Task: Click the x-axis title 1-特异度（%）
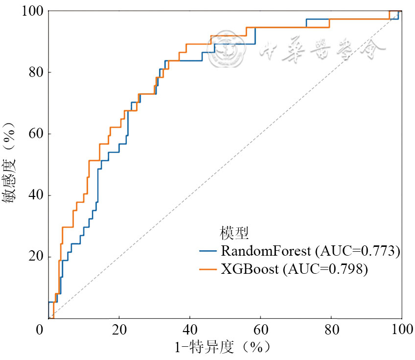pos(223,348)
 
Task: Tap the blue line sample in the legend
pos(208,252)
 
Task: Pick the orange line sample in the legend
pos(208,269)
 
